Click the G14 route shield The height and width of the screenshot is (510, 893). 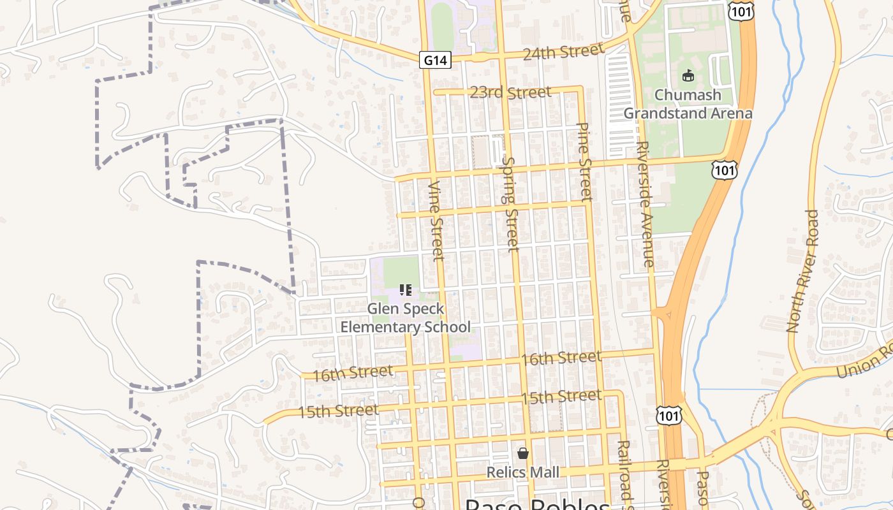tap(436, 61)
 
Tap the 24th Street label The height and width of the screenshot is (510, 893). tap(563, 52)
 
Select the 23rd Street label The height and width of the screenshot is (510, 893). tap(510, 93)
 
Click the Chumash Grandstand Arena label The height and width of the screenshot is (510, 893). tap(688, 105)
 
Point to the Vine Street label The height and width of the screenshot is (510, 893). tap(436, 221)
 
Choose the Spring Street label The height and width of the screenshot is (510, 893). tap(510, 203)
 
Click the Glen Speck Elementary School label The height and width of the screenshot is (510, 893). tap(406, 318)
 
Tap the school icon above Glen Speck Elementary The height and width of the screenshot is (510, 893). tap(405, 291)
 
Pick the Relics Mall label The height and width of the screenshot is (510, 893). tap(522, 472)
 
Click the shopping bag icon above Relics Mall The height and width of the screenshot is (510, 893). tap(523, 453)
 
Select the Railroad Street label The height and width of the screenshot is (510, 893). tap(624, 472)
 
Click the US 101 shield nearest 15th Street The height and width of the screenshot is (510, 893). tap(668, 415)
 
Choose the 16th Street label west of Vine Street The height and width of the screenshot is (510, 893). tap(353, 373)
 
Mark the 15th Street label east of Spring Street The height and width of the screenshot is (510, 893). tap(561, 397)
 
